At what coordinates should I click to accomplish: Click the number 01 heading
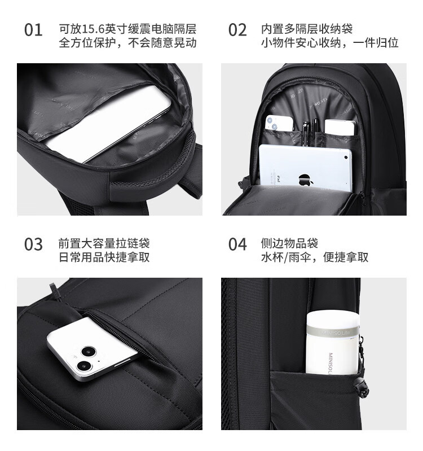pyautogui.click(x=33, y=30)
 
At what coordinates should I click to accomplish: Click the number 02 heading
pyautogui.click(x=237, y=30)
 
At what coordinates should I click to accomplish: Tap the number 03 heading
pyautogui.click(x=33, y=244)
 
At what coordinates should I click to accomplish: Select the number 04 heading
pyautogui.click(x=237, y=244)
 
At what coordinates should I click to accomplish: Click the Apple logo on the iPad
pyautogui.click(x=305, y=179)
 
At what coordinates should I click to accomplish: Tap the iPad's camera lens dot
pyautogui.click(x=346, y=157)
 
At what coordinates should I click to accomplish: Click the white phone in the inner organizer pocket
pyautogui.click(x=279, y=124)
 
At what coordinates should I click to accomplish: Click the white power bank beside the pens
pyautogui.click(x=340, y=128)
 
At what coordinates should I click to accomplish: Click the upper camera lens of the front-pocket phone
pyautogui.click(x=88, y=351)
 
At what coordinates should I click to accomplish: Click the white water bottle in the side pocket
pyautogui.click(x=333, y=342)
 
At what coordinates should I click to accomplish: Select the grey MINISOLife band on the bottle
pyautogui.click(x=333, y=332)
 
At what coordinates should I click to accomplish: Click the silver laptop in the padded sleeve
pyautogui.click(x=110, y=124)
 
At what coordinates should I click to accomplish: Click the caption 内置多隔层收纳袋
pyautogui.click(x=307, y=29)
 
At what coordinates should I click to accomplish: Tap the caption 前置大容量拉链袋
pyautogui.click(x=104, y=243)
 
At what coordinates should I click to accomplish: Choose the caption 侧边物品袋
pyautogui.click(x=289, y=243)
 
